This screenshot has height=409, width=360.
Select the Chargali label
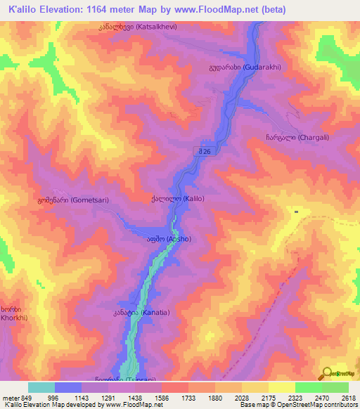tap(295, 138)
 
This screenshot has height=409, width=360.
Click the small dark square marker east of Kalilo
tap(297, 211)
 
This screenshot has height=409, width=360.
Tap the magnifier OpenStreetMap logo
tap(326, 373)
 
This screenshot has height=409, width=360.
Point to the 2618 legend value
tap(348, 397)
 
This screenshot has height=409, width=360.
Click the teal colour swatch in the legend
tap(41, 387)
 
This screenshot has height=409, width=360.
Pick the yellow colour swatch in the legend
tap(281, 387)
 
